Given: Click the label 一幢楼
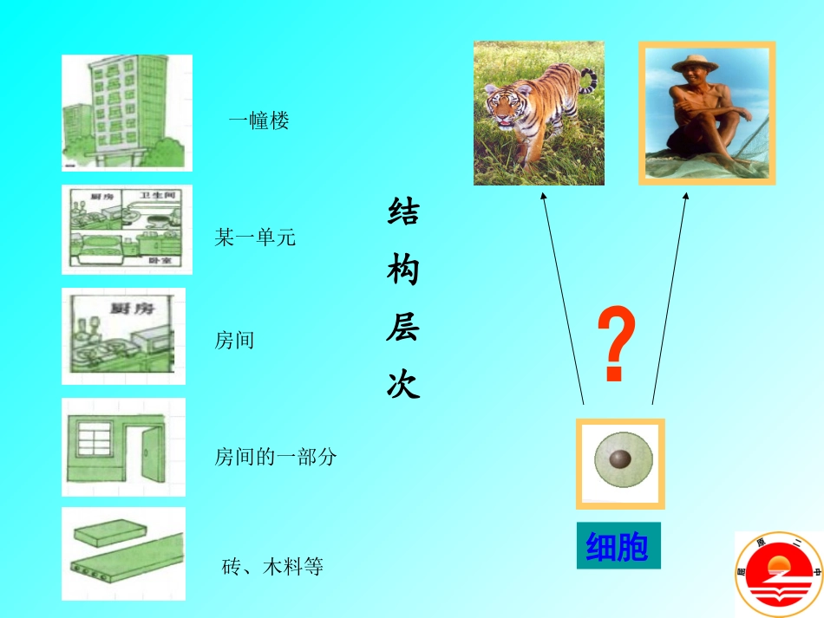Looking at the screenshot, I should (258, 121).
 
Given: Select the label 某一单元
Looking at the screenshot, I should (255, 237).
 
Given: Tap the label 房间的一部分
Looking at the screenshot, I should (275, 457).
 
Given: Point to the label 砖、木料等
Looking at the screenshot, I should (272, 568).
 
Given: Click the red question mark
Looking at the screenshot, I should (617, 345).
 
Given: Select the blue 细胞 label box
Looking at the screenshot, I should (618, 546).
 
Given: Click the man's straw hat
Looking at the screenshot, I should (690, 62).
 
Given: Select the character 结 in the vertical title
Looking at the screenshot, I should (403, 211).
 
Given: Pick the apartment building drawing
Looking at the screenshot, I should (127, 113).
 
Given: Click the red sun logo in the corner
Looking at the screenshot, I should (778, 574).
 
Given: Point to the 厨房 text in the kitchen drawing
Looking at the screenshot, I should (126, 307).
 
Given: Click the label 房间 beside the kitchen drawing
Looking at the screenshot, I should (234, 340).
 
